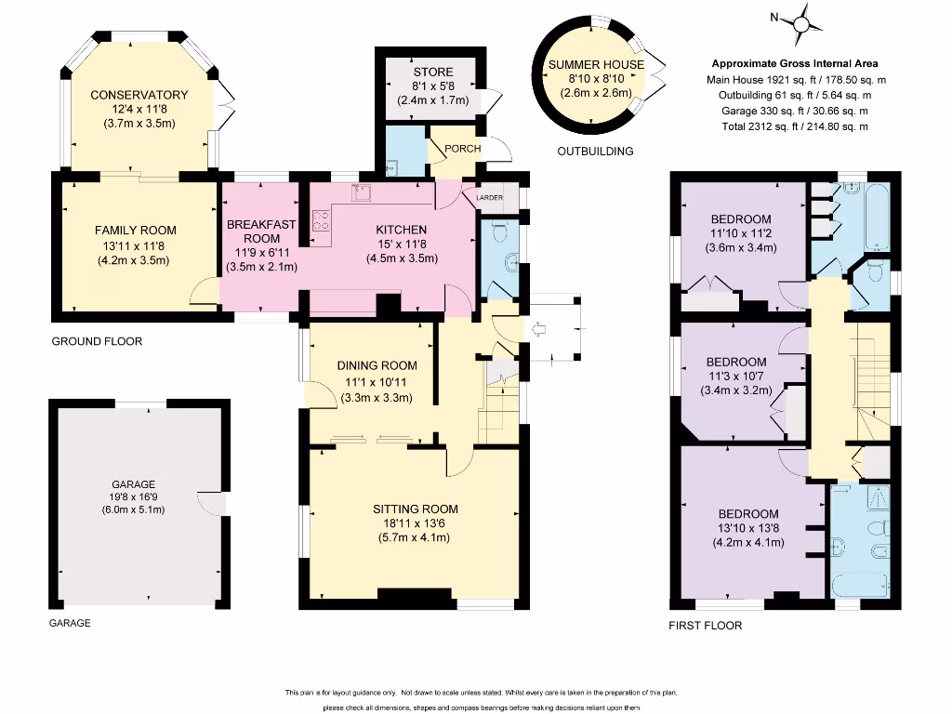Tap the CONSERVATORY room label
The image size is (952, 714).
pos(139,95)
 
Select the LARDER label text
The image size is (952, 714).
pos(489,198)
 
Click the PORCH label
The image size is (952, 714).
pos(463,149)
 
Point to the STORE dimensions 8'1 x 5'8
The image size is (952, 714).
pos(433,86)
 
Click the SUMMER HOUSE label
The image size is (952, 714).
pos(596,64)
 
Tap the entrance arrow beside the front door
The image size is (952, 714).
pos(538,330)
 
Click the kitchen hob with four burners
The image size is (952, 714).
pos(321,220)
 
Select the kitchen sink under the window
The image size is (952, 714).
pos(361,192)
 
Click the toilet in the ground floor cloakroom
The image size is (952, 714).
pos(500,231)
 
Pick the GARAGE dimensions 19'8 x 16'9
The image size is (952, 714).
pos(134,497)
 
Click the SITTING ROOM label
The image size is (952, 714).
pos(416,509)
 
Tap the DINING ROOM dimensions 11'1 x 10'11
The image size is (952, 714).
pos(377,382)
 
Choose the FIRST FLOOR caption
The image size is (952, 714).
pos(706,626)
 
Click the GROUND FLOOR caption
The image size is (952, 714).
pos(97,341)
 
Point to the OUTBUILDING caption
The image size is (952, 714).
pos(595,152)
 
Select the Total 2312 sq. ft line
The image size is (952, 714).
pos(795,126)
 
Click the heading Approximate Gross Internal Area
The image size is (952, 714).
pos(795,63)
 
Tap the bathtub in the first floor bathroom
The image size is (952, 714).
pos(878,216)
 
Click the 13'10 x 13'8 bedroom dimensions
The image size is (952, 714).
pos(748,528)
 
